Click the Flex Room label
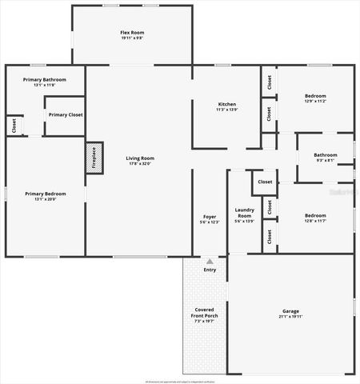[x=132, y=32]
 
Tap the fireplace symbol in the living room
[x=94, y=158]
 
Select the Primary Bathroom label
[x=44, y=80]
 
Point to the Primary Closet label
[x=65, y=114]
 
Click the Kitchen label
[x=227, y=104]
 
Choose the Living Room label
[x=139, y=158]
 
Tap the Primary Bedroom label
[x=45, y=193]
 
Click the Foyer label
[x=210, y=217]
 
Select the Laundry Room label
[x=244, y=212]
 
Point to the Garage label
[x=290, y=310]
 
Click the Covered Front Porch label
[x=206, y=313]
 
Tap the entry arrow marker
[x=210, y=261]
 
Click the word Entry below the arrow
[x=210, y=270]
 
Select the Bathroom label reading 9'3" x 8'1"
[x=325, y=154]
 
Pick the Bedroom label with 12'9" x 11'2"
[x=315, y=96]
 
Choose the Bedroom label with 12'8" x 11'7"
[x=315, y=214]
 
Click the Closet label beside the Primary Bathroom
[x=14, y=126]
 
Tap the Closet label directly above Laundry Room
[x=265, y=182]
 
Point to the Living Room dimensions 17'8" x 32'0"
[x=139, y=164]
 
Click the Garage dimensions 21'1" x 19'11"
[x=290, y=316]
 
